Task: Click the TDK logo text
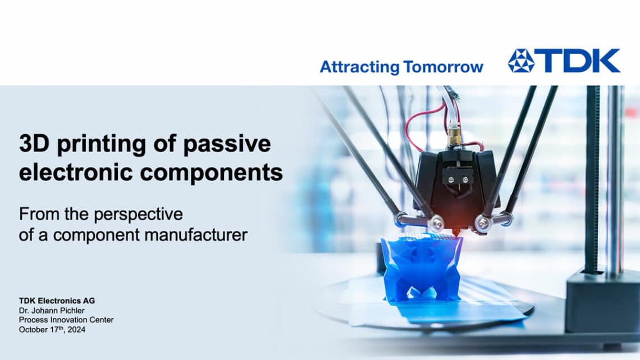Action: coord(578,61)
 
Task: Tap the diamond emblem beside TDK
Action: coord(521,61)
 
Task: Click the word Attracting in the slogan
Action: coord(359,67)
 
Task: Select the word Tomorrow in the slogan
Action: coord(444,66)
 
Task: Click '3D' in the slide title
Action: coord(34,144)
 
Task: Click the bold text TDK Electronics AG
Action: coord(57,301)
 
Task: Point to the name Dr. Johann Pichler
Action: coord(52,311)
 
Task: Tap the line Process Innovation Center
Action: coord(66,320)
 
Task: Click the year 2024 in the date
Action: coord(76,330)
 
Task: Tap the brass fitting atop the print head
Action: coord(454,136)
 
